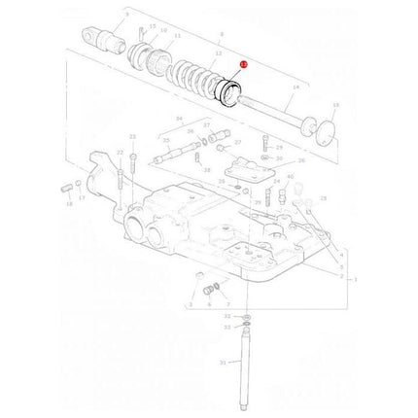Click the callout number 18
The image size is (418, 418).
click(69, 205)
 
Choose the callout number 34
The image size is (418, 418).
click(179, 119)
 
